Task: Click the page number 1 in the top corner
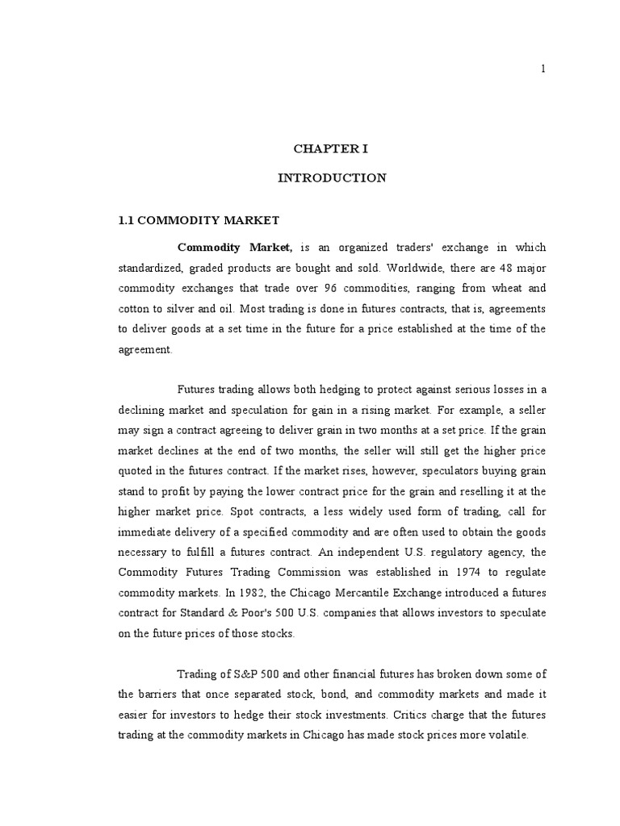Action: (x=543, y=69)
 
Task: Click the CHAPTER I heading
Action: (x=332, y=149)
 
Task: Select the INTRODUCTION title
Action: (x=332, y=178)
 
